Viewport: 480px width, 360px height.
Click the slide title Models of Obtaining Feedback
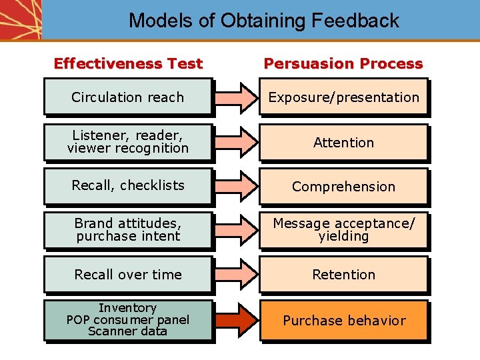[263, 21]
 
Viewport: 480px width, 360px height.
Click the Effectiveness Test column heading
[128, 64]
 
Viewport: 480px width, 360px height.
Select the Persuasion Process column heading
[343, 64]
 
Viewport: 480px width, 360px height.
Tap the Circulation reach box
[128, 97]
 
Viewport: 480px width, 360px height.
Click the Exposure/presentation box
[343, 97]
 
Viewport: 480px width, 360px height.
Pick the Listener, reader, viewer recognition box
[128, 142]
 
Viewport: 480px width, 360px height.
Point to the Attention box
[343, 142]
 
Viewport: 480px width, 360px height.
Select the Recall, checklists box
[128, 186]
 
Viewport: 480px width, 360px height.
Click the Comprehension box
[343, 187]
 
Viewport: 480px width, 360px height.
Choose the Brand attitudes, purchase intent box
[128, 230]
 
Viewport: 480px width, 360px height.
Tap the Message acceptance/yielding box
[343, 230]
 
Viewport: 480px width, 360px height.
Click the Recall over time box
[128, 275]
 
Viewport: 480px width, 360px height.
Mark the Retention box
[343, 275]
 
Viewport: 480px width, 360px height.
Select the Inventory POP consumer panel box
[128, 320]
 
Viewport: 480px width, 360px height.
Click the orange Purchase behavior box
[343, 321]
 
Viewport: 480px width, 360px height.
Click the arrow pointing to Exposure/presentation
[235, 97]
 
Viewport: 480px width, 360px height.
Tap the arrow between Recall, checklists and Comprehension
[235, 186]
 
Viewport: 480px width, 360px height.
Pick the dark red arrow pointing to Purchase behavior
[235, 321]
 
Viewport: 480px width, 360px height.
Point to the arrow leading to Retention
[235, 275]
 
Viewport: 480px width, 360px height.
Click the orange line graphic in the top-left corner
[20, 19]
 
